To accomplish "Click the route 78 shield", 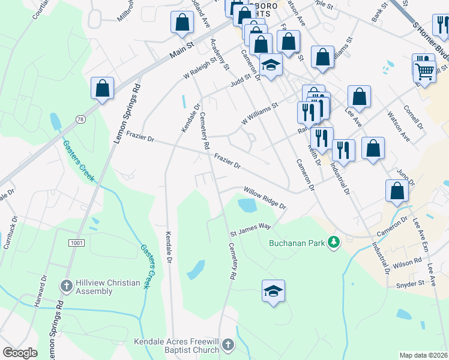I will pos(80,120).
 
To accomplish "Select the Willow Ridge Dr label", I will pos(265,198).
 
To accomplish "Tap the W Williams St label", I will pos(260,113).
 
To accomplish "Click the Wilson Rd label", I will pos(408,263).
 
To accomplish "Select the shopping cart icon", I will pos(425,71).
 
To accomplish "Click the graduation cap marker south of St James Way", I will pos(273,292).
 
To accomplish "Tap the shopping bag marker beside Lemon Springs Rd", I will pos(103,88).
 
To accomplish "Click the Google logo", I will pos(20,353).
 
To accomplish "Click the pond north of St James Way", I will pos(247,206).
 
